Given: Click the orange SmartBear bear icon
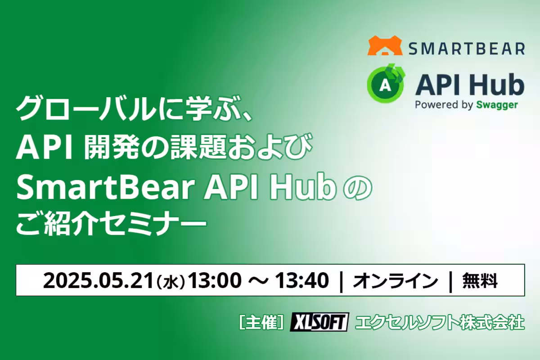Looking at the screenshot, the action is [385, 45].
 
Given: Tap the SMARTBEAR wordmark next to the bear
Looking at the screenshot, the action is [467, 49].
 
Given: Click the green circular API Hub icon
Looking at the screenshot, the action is [386, 83].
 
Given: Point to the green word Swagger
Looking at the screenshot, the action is [497, 105].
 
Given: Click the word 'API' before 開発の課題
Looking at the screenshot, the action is [45, 148].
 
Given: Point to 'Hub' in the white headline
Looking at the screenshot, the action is [303, 188].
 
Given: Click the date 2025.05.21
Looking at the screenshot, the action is [99, 280].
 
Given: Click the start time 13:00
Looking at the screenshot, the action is [215, 280].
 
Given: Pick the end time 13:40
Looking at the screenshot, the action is [302, 280].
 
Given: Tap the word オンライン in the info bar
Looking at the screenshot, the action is [396, 280].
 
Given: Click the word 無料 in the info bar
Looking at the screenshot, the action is [480, 280].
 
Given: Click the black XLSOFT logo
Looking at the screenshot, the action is [319, 322].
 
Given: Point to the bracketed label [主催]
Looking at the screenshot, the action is [261, 322].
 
